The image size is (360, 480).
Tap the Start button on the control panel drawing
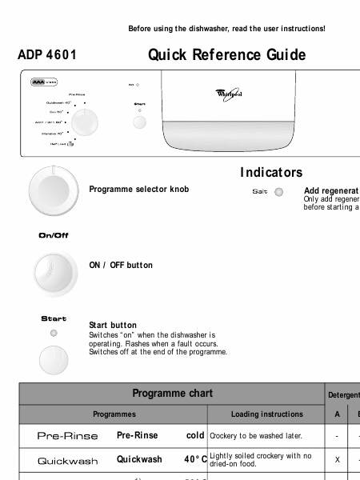140,122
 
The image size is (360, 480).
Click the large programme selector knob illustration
54,189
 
